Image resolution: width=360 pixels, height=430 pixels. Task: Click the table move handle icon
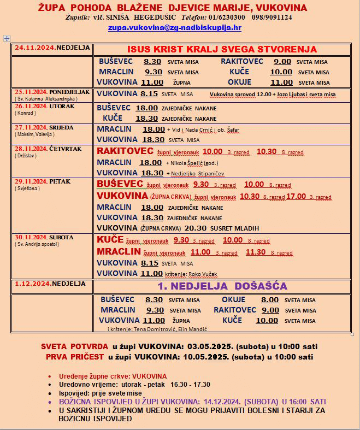pyautogui.click(x=7, y=39)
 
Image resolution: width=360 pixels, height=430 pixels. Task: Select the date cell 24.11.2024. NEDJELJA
pyautogui.click(x=52, y=48)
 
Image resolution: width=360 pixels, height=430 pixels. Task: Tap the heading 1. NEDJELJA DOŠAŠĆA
pyautogui.click(x=222, y=286)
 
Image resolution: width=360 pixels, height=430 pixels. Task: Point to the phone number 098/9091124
pyautogui.click(x=272, y=17)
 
